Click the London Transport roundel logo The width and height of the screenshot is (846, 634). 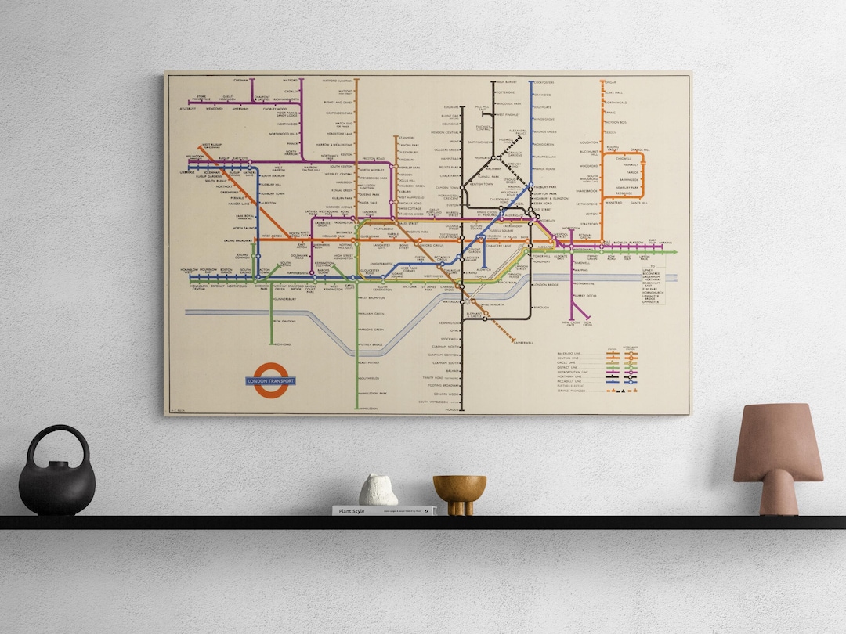270,381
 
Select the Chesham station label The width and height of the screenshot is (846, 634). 242,80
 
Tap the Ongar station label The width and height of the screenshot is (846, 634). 612,82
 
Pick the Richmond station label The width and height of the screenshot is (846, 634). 282,344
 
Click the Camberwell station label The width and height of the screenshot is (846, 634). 523,343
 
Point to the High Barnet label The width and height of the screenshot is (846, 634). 506,82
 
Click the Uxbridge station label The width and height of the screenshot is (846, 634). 186,171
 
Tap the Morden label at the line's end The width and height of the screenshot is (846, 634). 451,409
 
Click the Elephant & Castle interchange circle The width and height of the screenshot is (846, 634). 485,318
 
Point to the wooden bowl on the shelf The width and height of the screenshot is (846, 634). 460,491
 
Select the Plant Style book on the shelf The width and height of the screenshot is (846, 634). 384,510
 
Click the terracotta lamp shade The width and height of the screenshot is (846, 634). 777,444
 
